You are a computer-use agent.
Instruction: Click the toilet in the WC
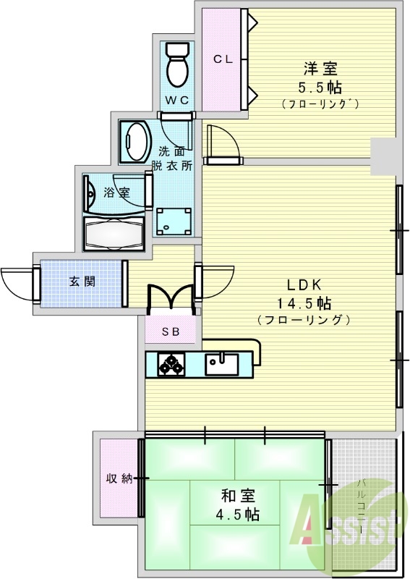(176, 65)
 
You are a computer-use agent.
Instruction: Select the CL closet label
(222, 60)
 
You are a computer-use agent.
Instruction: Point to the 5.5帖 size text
(320, 88)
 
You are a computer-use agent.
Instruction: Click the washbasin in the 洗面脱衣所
(135, 142)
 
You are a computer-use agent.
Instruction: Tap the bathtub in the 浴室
(115, 234)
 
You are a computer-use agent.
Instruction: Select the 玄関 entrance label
(82, 282)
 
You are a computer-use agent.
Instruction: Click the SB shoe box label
(171, 332)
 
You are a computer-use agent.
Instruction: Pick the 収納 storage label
(119, 478)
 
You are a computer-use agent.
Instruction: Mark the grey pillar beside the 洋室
(383, 153)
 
